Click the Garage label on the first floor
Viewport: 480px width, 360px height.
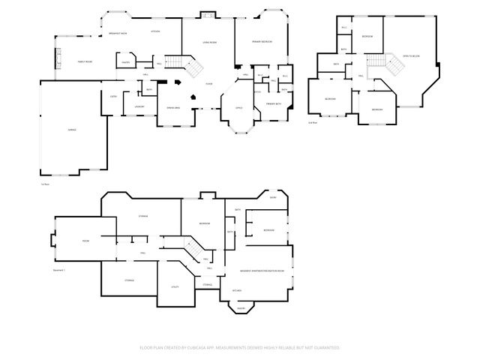tap(72, 130)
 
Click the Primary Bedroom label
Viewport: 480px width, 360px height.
tap(262, 41)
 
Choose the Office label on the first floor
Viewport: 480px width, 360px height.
tap(238, 107)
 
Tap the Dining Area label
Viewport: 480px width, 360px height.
tap(173, 107)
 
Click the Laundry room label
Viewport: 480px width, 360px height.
tap(139, 107)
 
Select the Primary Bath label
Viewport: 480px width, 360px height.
tap(273, 104)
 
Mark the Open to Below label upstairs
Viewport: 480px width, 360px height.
tap(410, 56)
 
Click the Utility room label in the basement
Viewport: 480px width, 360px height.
tap(174, 286)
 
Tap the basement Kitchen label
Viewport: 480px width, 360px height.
tap(236, 290)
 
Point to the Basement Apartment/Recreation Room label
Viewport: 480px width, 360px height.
tap(262, 270)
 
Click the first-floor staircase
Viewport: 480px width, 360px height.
tap(190, 68)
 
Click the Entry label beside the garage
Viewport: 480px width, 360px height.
tap(113, 96)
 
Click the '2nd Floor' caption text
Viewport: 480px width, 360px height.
tap(313, 121)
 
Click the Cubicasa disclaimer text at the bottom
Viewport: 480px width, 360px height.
tap(240, 347)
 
